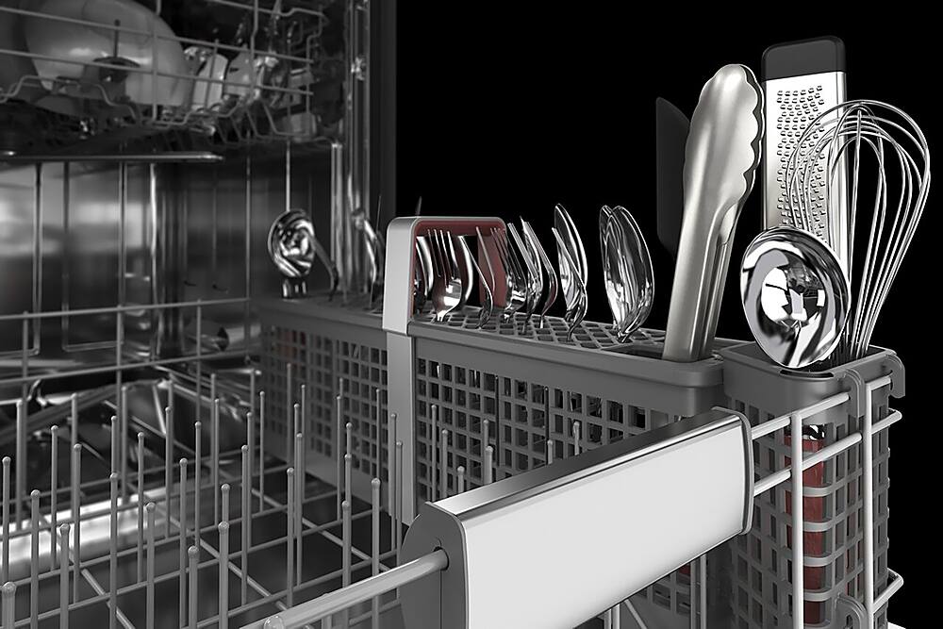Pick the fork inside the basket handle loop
[x=443, y=273]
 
